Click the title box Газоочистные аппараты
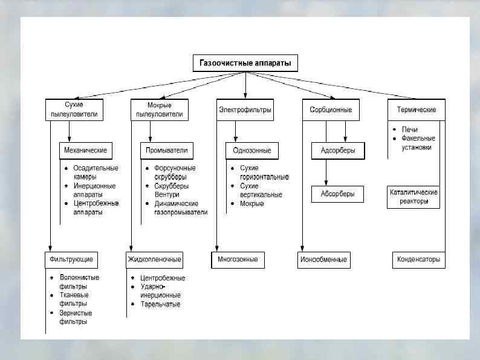(x=245, y=63)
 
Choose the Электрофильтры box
(x=245, y=110)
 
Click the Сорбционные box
(x=331, y=110)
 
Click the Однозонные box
(x=252, y=150)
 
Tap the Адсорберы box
(x=338, y=151)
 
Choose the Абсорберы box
(x=338, y=194)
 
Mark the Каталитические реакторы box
(x=414, y=197)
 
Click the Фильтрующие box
(x=72, y=260)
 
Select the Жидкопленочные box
(x=155, y=260)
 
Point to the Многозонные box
(x=238, y=260)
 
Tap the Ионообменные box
(x=323, y=260)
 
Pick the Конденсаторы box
(x=418, y=260)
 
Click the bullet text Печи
(x=410, y=129)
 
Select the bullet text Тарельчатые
(x=160, y=304)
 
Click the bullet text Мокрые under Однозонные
(x=252, y=203)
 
